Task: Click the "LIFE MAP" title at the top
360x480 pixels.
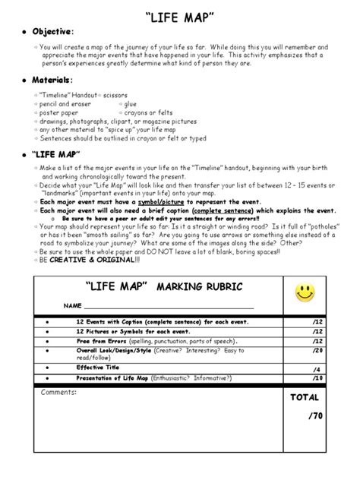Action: point(180,11)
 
